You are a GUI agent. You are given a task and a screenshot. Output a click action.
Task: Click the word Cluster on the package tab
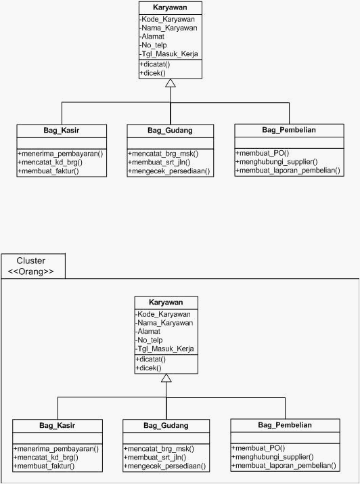31,261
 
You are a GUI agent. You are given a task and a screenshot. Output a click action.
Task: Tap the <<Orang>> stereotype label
31,271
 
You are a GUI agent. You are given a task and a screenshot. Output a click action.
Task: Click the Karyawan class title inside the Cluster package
166,302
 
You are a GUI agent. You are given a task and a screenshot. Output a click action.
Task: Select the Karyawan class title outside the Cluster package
170,7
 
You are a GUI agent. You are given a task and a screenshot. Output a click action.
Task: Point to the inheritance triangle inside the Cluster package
166,378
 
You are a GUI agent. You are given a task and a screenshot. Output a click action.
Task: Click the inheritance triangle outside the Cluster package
171,83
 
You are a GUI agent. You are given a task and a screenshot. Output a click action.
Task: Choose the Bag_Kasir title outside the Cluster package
62,130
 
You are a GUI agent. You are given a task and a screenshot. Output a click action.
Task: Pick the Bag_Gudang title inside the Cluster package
166,425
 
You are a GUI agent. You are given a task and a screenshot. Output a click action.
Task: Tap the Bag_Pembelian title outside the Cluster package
289,130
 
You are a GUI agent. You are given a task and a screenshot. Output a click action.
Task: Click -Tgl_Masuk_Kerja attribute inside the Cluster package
164,349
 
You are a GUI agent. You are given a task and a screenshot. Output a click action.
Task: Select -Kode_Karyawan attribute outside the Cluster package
167,19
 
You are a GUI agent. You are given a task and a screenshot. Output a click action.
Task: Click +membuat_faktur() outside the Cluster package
49,171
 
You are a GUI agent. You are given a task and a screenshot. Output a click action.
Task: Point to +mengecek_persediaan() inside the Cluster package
164,466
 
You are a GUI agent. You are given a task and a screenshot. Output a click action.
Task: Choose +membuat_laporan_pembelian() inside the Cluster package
284,466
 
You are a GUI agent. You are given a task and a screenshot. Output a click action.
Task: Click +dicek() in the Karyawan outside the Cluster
153,73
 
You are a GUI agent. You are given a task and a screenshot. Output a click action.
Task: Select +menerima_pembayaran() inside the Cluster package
56,449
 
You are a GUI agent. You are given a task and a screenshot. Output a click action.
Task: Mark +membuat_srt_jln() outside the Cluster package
159,162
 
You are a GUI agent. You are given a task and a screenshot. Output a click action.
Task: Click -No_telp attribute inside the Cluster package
149,340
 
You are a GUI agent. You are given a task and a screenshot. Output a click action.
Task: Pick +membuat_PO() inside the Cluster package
258,448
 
